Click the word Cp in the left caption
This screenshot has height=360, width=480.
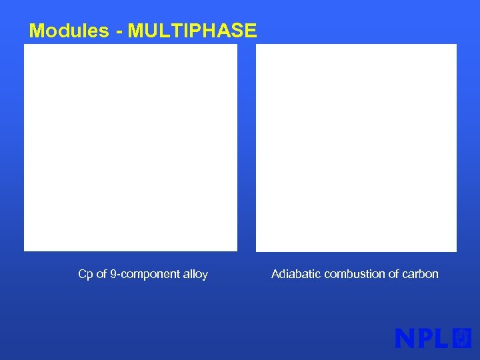pyautogui.click(x=85, y=274)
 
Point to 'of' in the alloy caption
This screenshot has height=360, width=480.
pyautogui.click(x=102, y=274)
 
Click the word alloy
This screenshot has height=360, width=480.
pyautogui.click(x=195, y=274)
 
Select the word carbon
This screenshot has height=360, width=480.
pyautogui.click(x=421, y=274)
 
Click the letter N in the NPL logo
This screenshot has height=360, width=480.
pyautogui.click(x=405, y=338)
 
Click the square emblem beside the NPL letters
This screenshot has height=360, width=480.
pyautogui.click(x=462, y=338)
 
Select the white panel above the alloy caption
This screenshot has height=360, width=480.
pyautogui.click(x=131, y=147)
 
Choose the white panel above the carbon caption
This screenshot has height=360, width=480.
pyautogui.click(x=356, y=147)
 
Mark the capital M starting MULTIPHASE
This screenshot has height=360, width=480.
pyautogui.click(x=135, y=31)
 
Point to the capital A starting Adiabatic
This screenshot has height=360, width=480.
pyautogui.click(x=275, y=274)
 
